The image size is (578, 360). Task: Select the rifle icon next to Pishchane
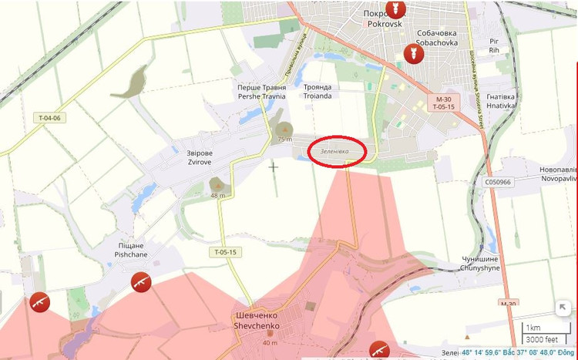point(140,281)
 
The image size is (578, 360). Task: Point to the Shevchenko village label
point(260,321)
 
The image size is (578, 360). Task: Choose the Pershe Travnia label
point(261,92)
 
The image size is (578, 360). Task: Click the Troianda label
point(318,92)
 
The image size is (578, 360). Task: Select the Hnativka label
point(502,103)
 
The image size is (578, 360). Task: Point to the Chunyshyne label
point(479,264)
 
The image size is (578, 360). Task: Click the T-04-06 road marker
point(49,118)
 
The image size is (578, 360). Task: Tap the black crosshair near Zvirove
point(273,166)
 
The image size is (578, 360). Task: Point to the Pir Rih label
point(494,45)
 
